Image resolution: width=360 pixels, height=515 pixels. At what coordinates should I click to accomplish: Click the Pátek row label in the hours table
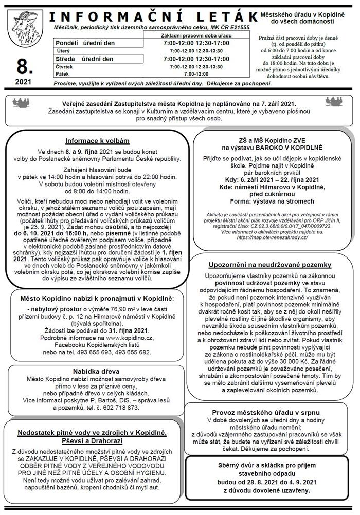point(63,74)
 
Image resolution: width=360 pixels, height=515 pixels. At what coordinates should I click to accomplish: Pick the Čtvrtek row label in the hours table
point(66,67)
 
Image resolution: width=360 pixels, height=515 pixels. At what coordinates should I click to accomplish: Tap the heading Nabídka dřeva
point(97,371)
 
